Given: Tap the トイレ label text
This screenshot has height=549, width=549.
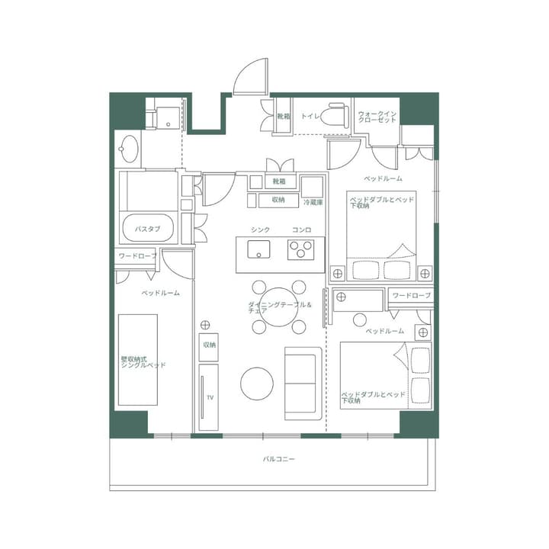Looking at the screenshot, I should pos(310,117).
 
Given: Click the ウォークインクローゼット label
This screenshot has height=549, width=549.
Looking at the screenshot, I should pos(377,117).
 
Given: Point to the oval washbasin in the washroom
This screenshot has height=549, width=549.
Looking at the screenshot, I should pos(130,148).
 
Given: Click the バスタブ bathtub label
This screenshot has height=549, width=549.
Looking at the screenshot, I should pos(147,228).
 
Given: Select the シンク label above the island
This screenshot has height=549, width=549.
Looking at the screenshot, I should pos(260,230).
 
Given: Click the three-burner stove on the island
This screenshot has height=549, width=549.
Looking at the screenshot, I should pos(301,249).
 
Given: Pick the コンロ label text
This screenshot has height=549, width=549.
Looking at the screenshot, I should pos(301,230).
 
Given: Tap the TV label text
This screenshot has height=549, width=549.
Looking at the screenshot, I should pos(210,397).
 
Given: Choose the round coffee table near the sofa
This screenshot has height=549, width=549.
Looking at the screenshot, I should pos(257,384).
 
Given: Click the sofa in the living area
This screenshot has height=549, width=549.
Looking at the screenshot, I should pos(303,383).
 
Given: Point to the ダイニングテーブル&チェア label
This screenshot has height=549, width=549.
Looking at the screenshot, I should pos(280,307).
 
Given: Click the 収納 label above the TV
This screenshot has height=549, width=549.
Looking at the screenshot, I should pos(210,345).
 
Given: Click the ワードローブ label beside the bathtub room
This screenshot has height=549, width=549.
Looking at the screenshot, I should pos(136,256).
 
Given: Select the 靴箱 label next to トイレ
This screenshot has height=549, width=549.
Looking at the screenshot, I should pos(283,117).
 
